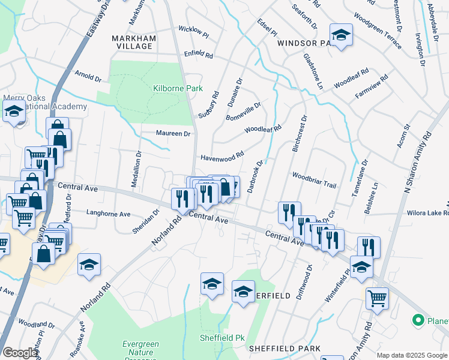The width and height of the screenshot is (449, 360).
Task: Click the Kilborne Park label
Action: (178, 88)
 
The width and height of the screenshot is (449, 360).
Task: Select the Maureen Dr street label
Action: (173, 133)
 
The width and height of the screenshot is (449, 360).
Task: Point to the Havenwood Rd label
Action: (221, 156)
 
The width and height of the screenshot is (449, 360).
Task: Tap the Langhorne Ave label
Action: (109, 213)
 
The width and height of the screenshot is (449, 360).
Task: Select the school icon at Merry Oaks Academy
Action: (14, 112)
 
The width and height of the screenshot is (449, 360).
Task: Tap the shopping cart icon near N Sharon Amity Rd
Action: (377, 297)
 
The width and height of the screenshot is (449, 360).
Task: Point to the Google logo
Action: (20, 353)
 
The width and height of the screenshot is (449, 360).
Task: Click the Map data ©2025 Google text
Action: (411, 355)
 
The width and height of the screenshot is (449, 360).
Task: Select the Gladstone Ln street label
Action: (313, 71)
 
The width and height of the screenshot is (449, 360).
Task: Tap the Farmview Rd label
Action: (372, 87)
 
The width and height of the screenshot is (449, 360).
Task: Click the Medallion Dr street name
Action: (138, 170)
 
